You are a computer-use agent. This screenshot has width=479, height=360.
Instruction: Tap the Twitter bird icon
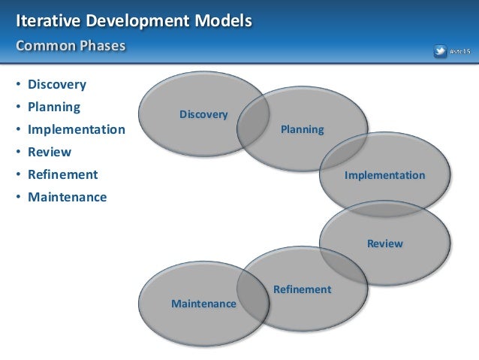click(x=440, y=51)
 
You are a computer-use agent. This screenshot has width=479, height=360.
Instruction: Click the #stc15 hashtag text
click(x=459, y=51)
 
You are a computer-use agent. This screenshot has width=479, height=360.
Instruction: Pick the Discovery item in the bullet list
click(x=57, y=84)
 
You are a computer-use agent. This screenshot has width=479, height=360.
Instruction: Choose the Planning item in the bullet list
click(x=54, y=107)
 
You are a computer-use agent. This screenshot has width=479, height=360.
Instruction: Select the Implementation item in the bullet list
click(x=77, y=129)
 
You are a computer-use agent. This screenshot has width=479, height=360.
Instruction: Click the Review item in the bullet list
click(x=50, y=152)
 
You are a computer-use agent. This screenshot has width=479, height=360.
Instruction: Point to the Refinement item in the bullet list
click(x=63, y=174)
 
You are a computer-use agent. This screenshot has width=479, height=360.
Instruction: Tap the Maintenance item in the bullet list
click(x=68, y=197)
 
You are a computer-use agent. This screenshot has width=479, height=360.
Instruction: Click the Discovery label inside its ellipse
click(x=203, y=114)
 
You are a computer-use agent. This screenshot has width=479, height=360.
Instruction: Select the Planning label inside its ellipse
click(x=302, y=129)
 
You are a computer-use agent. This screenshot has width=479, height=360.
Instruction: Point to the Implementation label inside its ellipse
click(x=384, y=175)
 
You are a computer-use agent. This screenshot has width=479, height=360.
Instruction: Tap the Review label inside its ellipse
click(x=384, y=244)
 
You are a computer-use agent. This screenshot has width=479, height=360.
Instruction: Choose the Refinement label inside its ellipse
click(x=302, y=289)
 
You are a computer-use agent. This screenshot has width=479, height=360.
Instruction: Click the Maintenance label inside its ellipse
click(x=203, y=304)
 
